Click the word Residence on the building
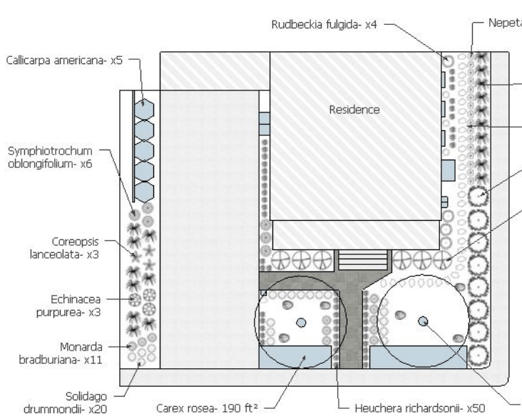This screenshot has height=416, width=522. point(354,110)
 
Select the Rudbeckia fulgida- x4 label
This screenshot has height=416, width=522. point(324,24)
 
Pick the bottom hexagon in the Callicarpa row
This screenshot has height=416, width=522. point(145,191)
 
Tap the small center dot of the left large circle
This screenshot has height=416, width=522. point(301,323)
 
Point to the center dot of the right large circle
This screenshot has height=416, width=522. point(422,321)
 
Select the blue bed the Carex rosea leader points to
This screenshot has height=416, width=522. point(298,357)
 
